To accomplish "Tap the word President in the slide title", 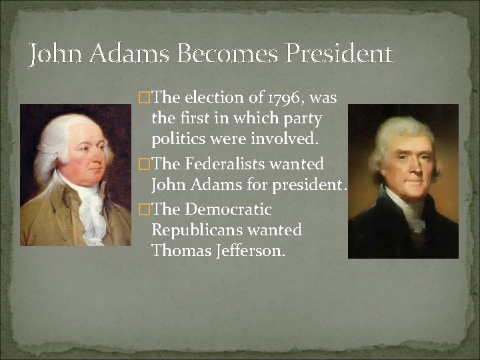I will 339,54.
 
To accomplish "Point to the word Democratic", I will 228,209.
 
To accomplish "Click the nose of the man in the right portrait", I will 403,160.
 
